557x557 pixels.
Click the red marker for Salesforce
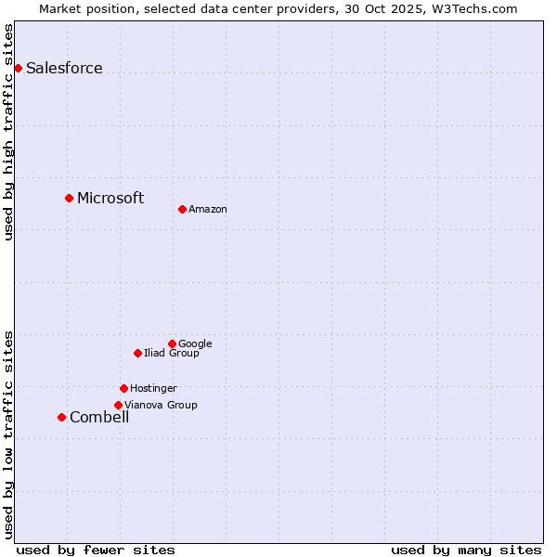pos(18,68)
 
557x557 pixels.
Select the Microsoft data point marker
pos(69,198)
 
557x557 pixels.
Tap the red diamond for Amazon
pos(182,209)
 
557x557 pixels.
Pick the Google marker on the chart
pos(172,343)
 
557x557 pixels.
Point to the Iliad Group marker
pos(137,353)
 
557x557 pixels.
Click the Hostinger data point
pos(123,388)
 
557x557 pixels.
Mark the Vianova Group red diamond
pos(118,405)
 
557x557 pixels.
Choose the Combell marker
pos(61,417)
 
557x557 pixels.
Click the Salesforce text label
pos(64,68)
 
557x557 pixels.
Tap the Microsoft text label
pos(110,198)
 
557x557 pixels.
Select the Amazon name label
pos(208,209)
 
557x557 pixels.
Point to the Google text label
pos(195,343)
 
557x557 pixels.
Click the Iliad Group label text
pos(172,353)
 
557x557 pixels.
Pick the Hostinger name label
pos(153,388)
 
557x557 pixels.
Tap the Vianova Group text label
pos(161,405)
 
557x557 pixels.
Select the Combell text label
pos(99,417)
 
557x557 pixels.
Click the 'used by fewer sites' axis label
pos(96,550)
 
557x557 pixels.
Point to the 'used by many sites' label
pos(466,550)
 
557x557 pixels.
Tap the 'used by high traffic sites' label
pos(8,132)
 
